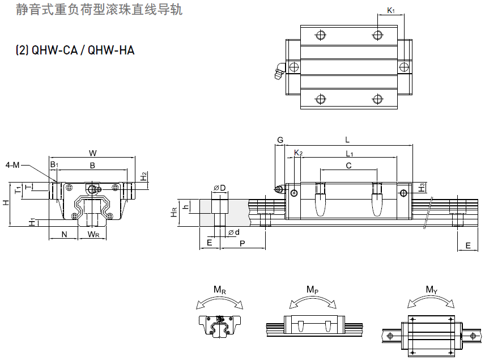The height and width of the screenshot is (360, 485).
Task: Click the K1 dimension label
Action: tap(390, 10)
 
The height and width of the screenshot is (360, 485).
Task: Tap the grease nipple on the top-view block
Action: tap(278, 71)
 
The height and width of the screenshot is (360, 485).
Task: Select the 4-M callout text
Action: tap(12, 165)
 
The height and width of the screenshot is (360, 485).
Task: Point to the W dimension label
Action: tap(93, 152)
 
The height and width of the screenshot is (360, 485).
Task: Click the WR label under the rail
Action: tap(93, 234)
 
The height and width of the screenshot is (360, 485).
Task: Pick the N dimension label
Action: tap(64, 234)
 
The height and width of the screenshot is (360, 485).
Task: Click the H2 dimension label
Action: tap(144, 176)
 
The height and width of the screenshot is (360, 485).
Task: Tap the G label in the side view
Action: tap(280, 140)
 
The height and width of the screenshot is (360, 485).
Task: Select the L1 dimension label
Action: tap(350, 153)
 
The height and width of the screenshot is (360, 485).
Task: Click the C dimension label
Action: tap(348, 166)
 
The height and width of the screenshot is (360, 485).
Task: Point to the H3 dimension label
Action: tap(421, 187)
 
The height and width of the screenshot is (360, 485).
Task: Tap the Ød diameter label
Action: tap(233, 232)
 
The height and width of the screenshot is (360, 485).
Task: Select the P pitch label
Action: tap(242, 243)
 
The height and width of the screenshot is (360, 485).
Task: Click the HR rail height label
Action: tap(174, 212)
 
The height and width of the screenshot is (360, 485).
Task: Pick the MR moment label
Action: tap(220, 290)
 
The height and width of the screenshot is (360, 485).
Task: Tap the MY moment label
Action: tap(432, 290)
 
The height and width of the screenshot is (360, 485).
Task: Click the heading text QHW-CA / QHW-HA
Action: tap(75, 50)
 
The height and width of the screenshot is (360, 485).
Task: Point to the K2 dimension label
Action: tap(299, 153)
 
